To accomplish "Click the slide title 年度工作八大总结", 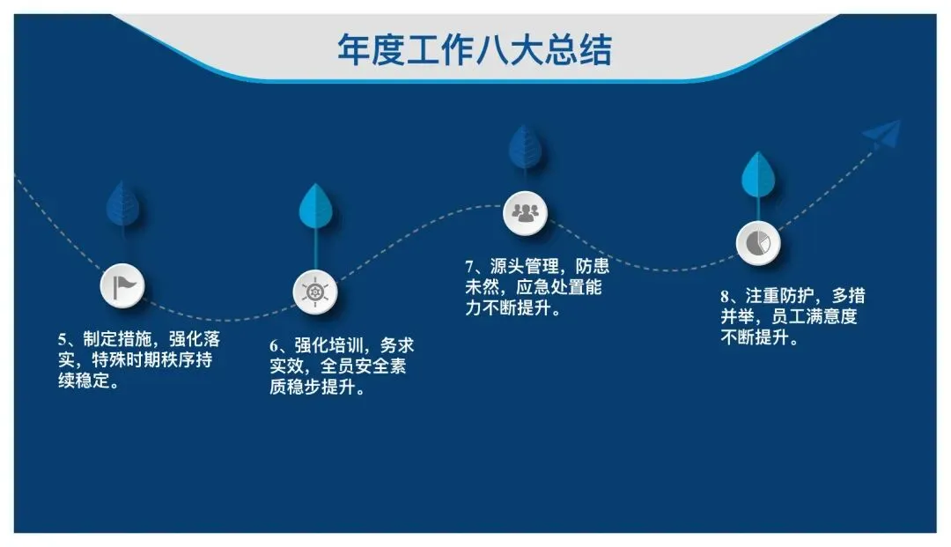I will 475,49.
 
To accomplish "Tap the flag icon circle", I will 122,285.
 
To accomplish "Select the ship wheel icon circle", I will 315,292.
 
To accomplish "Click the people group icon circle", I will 526,212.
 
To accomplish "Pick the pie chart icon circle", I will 758,241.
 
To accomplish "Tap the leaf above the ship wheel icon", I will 314,207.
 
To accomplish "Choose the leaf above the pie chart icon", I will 757,175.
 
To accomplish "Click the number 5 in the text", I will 63,339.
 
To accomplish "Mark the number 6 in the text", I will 274,346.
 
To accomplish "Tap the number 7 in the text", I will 470,267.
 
